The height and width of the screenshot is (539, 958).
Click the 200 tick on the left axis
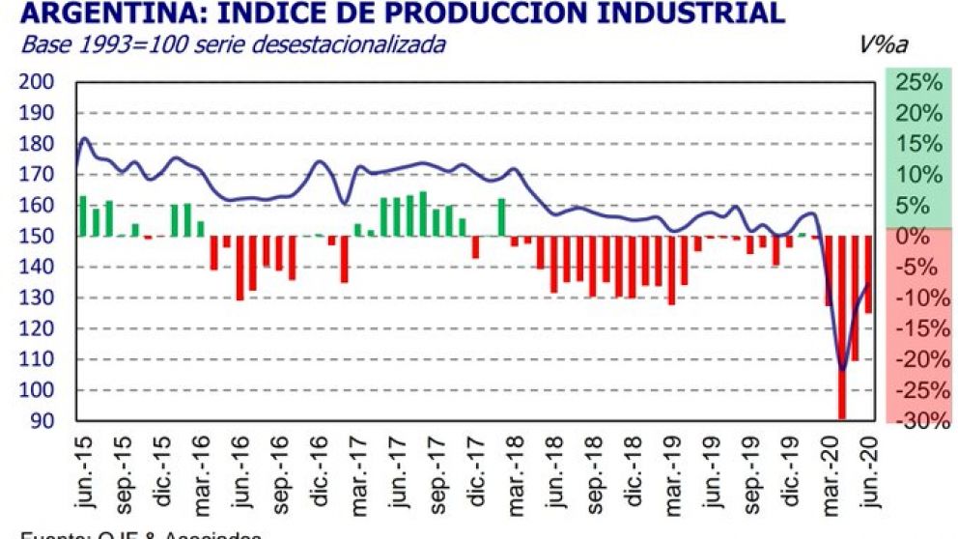36,82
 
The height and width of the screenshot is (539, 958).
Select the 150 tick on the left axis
36,237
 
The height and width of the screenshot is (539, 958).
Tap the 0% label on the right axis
924,237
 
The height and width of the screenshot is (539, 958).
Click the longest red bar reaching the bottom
842,328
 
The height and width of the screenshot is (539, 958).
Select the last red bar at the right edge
868,274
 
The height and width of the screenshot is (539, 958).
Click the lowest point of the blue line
842,369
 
